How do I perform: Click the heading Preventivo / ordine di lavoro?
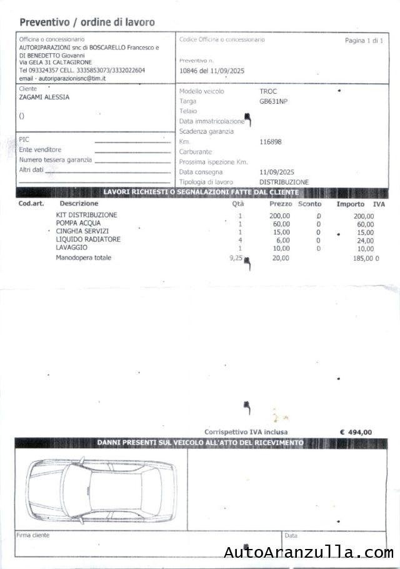pyautogui.click(x=87, y=22)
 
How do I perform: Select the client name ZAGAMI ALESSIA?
pyautogui.click(x=44, y=98)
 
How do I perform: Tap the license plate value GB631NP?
pyautogui.click(x=273, y=101)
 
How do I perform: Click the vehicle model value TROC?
pyautogui.click(x=268, y=91)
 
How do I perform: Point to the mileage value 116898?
pyautogui.click(x=271, y=142)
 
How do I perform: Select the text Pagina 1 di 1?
pyautogui.click(x=364, y=40)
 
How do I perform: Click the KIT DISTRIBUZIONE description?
pyautogui.click(x=86, y=215)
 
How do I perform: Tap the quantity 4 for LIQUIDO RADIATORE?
pyautogui.click(x=240, y=240)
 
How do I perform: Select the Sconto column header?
pyautogui.click(x=309, y=204)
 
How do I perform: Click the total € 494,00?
pyautogui.click(x=356, y=432)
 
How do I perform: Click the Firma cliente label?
pyautogui.click(x=33, y=535)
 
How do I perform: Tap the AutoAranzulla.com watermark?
pyautogui.click(x=309, y=553)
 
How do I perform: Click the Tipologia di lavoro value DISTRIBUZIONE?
pyautogui.click(x=284, y=182)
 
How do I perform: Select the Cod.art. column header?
pyautogui.click(x=31, y=204)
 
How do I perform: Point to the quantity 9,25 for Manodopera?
pyautogui.click(x=236, y=257)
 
